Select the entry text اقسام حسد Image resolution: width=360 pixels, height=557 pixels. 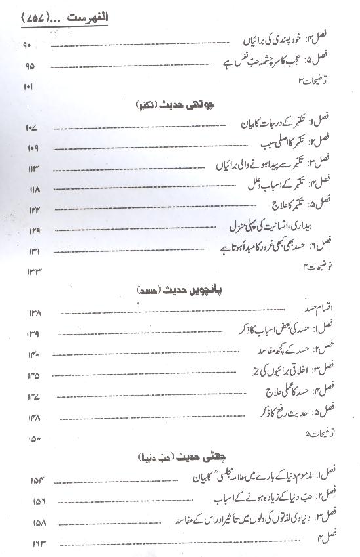[x=317, y=308]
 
